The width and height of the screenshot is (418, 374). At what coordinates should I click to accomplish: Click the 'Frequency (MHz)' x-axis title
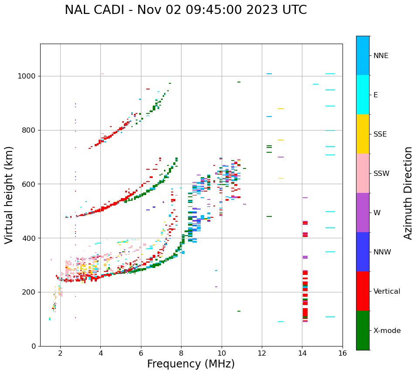[191, 364]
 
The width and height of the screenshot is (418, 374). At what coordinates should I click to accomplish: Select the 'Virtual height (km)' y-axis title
[9, 195]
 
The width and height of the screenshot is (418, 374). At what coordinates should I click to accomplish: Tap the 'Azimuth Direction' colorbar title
[408, 193]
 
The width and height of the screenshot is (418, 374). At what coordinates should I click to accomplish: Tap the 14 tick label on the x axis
[302, 353]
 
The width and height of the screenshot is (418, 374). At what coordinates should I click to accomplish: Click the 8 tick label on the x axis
[181, 353]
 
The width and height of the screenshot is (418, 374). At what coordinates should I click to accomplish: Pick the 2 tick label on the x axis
[60, 353]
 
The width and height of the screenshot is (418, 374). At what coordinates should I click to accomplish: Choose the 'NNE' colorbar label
[380, 56]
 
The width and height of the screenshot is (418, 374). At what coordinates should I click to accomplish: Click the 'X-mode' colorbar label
[387, 331]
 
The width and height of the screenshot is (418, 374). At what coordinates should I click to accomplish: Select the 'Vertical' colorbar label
[387, 292]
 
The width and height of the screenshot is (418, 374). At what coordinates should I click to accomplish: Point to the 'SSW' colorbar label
[381, 174]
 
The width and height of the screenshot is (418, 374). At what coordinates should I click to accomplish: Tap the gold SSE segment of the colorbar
[363, 134]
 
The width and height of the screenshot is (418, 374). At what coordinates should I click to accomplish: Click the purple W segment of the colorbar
[363, 213]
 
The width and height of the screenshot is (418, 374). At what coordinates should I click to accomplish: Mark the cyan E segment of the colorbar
[363, 95]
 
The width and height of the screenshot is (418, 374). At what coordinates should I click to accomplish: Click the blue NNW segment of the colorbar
[363, 252]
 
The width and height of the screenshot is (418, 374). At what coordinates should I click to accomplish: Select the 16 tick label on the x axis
[343, 353]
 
